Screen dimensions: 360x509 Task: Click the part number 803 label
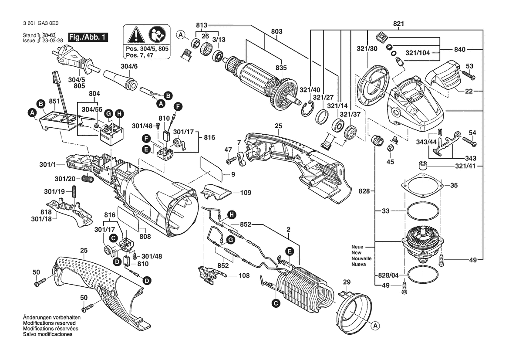tap(276, 31)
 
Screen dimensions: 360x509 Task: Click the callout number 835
tap(281, 68)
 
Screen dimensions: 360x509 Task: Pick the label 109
tap(246, 192)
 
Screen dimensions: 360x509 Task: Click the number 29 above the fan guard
tap(347, 282)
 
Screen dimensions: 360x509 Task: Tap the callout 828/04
tap(386, 276)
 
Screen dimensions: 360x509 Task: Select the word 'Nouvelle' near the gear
tap(362, 258)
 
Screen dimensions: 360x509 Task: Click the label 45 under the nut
tap(390, 162)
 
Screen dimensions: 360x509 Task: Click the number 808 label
tap(145, 237)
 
